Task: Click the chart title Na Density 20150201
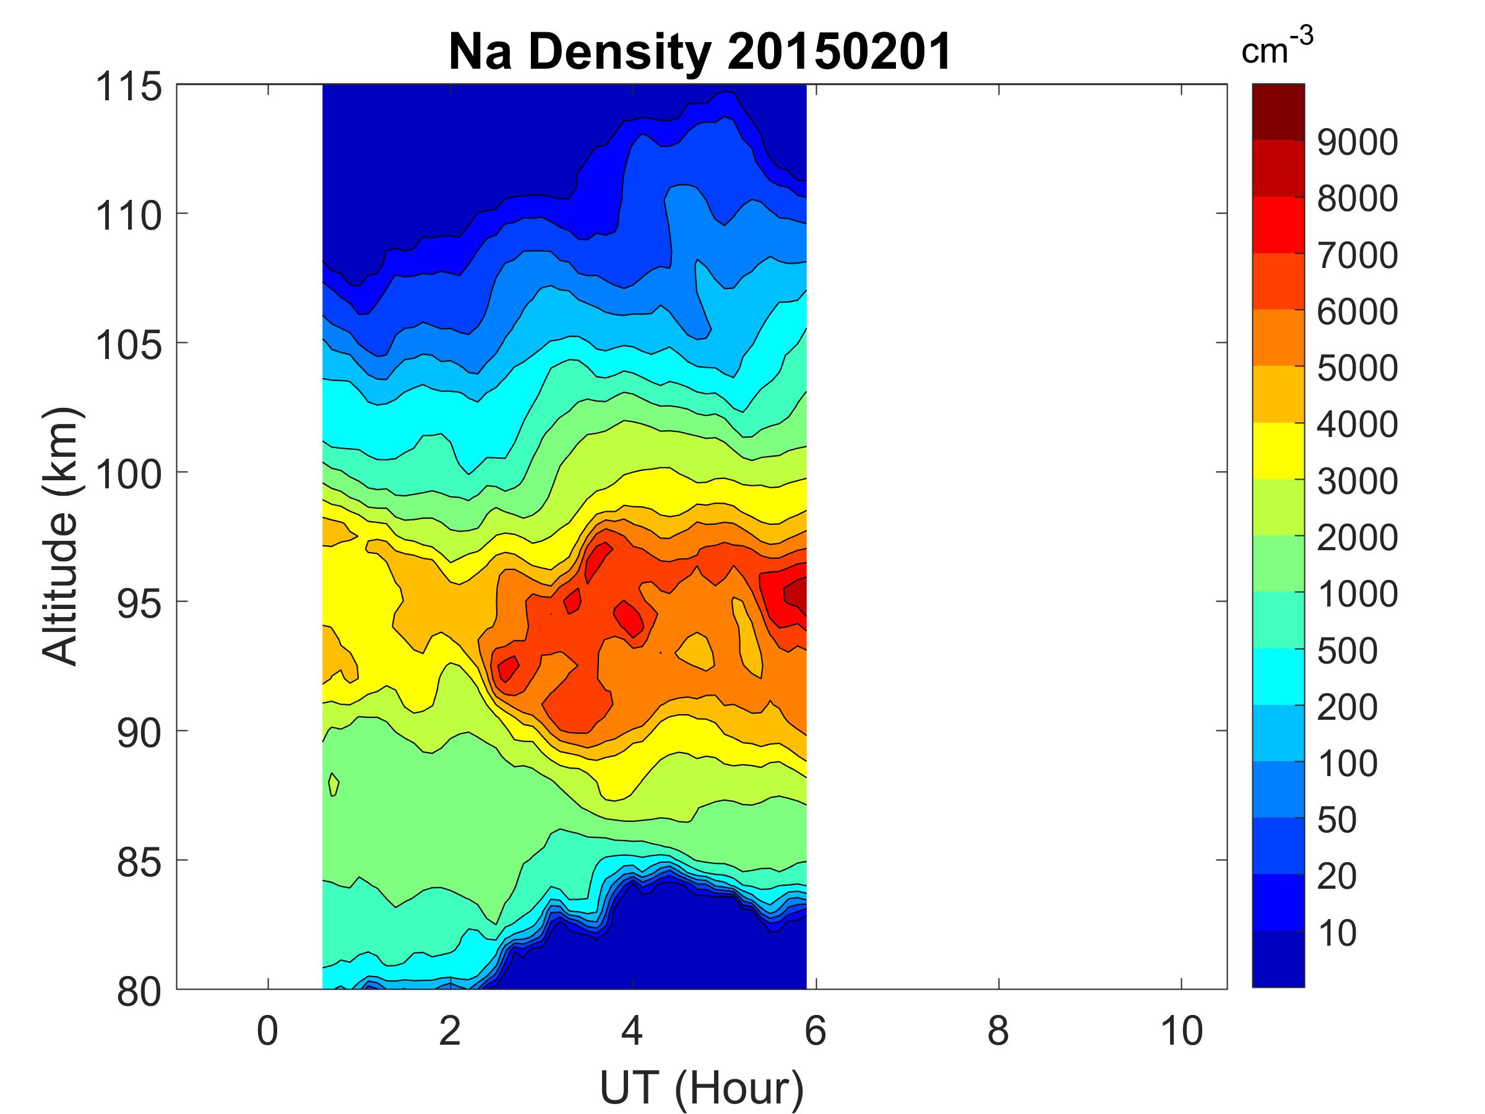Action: tap(700, 52)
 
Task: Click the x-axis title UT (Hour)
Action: tap(702, 1088)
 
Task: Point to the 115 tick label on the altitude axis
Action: tap(129, 87)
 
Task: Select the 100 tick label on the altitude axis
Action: tap(129, 474)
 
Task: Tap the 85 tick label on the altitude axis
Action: tap(139, 862)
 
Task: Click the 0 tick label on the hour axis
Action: tap(267, 1032)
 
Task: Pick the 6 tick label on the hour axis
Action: tap(815, 1032)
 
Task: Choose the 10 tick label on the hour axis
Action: tap(1182, 1032)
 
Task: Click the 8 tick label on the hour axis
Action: tap(998, 1032)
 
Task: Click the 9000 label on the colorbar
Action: tap(1358, 142)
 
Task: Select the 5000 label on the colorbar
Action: tap(1358, 368)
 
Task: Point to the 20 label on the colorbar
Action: tap(1337, 876)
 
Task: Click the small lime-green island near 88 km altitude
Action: tap(334, 784)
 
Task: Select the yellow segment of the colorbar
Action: tap(1278, 451)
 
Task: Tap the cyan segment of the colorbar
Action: tap(1278, 676)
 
